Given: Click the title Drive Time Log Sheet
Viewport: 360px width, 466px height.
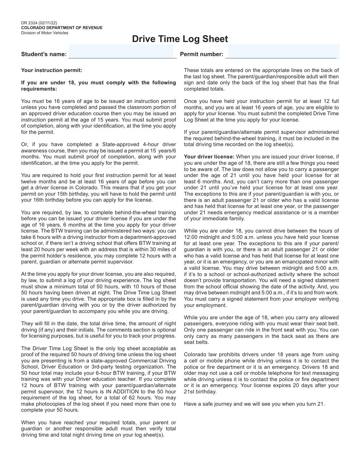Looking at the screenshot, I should point(180,39).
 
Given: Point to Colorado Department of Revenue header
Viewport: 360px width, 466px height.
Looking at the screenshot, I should point(61,28).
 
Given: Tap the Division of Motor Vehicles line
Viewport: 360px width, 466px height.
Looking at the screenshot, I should point(44,33).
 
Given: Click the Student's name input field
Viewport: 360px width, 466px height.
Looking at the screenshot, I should point(121,51).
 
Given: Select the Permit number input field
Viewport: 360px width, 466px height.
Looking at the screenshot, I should point(283,51).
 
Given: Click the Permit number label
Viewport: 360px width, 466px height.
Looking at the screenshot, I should point(202,54).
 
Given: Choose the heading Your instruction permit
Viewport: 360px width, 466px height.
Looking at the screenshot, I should point(51,71).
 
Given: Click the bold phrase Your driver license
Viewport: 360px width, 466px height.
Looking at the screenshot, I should point(209,157).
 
